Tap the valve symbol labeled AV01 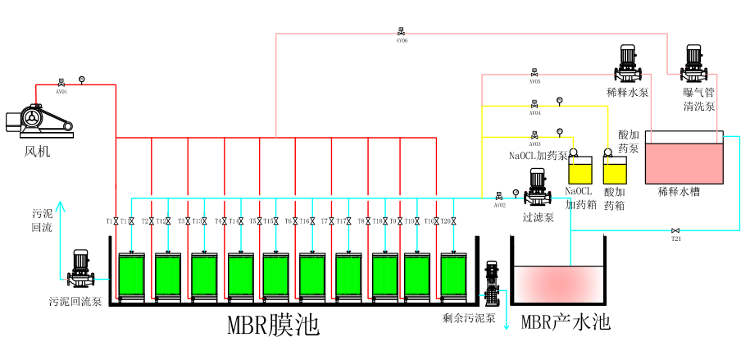tap(61, 83)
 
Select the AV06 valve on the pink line tap(401, 33)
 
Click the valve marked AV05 tap(534, 73)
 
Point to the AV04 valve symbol tap(534, 104)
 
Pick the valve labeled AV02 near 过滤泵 tap(498, 196)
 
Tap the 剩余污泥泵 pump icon tap(492, 284)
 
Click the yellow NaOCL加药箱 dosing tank tap(580, 172)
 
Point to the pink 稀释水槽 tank tap(684, 162)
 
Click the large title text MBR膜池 tap(273, 326)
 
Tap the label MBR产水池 tap(566, 321)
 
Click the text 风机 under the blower tap(37, 150)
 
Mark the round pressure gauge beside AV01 tap(81, 79)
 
